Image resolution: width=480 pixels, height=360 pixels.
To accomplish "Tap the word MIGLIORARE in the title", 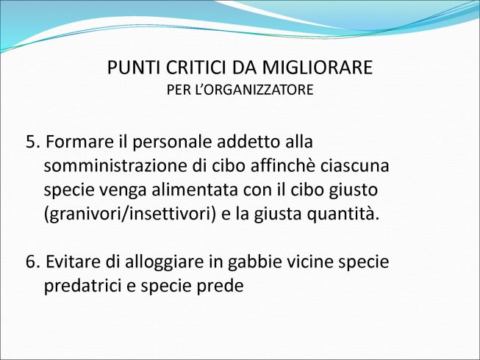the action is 318,68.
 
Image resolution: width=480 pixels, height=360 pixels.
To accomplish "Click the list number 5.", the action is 33,142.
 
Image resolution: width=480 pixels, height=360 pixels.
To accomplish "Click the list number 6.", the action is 33,262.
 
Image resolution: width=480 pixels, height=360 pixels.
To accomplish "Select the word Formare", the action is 79,142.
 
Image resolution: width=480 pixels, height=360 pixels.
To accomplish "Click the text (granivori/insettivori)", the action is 130,214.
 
